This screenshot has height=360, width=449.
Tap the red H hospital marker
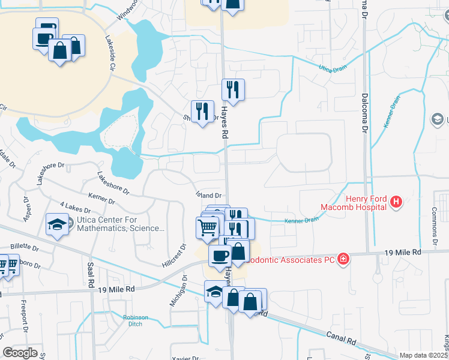(x=396, y=203)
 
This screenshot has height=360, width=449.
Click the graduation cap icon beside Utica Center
(x=56, y=224)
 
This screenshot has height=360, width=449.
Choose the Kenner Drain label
(x=302, y=220)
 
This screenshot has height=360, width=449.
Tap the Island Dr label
(x=209, y=195)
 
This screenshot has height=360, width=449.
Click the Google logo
(x=20, y=353)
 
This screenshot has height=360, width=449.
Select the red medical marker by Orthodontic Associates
(x=343, y=259)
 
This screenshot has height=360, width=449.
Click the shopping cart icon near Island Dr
(x=207, y=227)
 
